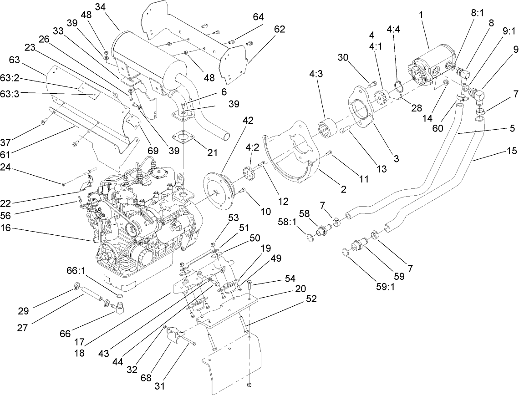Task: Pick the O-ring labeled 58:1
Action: tap(310, 236)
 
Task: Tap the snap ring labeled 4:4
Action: tap(397, 86)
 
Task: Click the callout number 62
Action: tap(280, 29)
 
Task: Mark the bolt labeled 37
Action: tap(44, 122)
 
